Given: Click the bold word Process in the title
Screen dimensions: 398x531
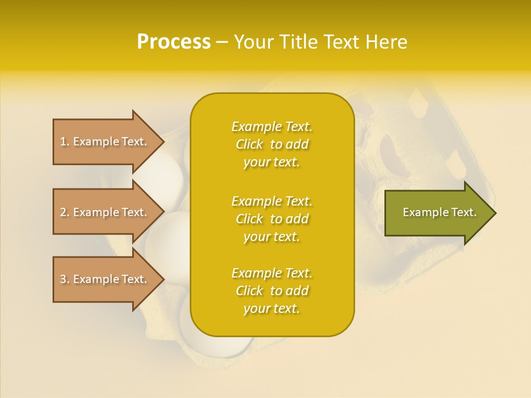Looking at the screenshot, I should [x=174, y=42].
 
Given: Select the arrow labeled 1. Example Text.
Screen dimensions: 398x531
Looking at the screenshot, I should [x=105, y=142].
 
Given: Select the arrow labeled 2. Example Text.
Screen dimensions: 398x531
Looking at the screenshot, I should [x=105, y=212].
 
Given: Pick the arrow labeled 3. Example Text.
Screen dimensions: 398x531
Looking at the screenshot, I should [x=105, y=279].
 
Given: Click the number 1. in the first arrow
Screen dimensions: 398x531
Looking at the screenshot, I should [x=64, y=142].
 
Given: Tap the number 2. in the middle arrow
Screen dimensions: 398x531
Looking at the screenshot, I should [x=64, y=212].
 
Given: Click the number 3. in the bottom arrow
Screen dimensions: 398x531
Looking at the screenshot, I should [x=64, y=279].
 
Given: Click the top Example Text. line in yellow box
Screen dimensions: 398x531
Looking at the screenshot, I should [x=272, y=127].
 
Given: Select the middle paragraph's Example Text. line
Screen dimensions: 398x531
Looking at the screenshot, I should [x=272, y=201].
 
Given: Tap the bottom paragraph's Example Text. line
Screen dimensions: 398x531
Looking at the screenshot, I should [x=272, y=273].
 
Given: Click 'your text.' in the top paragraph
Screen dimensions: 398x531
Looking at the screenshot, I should [x=272, y=162].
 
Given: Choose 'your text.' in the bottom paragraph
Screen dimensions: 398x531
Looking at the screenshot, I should [x=272, y=308].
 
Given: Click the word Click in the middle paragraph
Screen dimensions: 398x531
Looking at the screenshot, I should [x=249, y=219].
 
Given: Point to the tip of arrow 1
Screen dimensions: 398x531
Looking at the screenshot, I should [x=164, y=142].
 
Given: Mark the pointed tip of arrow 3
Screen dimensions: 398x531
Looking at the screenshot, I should [x=164, y=279].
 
